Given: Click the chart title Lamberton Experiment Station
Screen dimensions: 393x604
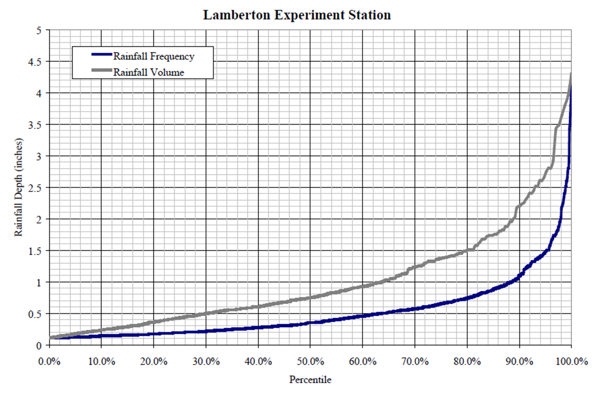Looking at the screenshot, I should pyautogui.click(x=297, y=15).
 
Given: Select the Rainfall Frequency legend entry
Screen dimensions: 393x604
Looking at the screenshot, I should pyautogui.click(x=153, y=56).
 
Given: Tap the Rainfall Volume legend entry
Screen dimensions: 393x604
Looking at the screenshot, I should pyautogui.click(x=148, y=72).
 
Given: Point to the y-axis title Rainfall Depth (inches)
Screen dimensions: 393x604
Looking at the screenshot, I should pyautogui.click(x=18, y=187).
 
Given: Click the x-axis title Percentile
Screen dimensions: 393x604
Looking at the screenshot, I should pyautogui.click(x=310, y=380).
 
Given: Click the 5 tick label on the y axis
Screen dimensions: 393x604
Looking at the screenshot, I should pyautogui.click(x=39, y=30).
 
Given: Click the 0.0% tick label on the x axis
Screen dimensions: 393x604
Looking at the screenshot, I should pyautogui.click(x=49, y=362).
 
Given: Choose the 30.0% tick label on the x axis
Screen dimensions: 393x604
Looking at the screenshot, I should pyautogui.click(x=206, y=362).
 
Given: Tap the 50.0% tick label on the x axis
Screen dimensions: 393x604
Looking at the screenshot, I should pyautogui.click(x=310, y=362).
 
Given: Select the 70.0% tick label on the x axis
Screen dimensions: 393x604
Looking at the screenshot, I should pyautogui.click(x=415, y=362).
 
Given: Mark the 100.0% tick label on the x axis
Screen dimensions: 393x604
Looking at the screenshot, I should pyautogui.click(x=571, y=362).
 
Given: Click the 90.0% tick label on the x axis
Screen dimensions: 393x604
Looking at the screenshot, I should pyautogui.click(x=519, y=362).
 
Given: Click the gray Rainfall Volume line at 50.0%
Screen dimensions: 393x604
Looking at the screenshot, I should pyautogui.click(x=310, y=298).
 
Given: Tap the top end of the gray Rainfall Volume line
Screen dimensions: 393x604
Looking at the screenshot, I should pyautogui.click(x=571, y=74).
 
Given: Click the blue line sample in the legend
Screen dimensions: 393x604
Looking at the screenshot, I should pyautogui.click(x=102, y=54).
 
